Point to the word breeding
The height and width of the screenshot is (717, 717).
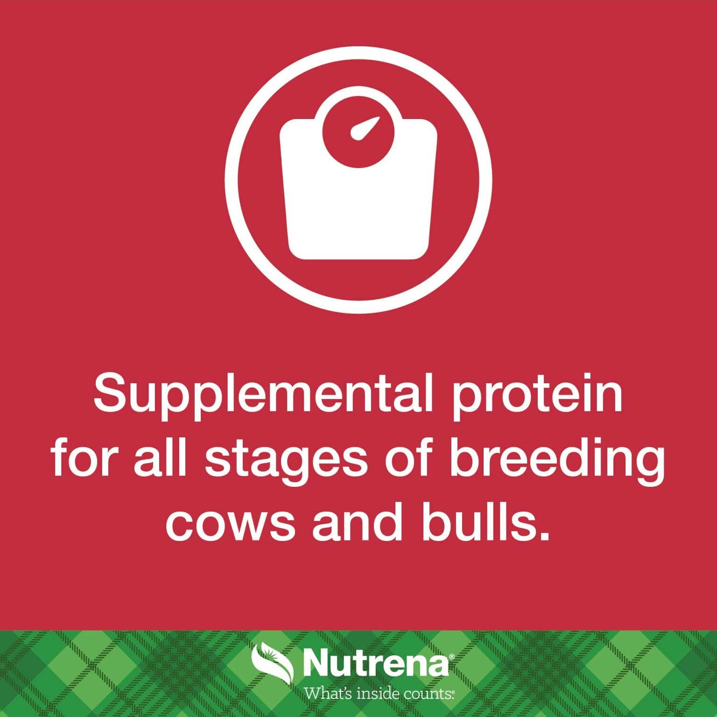[557, 460]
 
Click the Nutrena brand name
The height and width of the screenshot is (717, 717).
[376, 663]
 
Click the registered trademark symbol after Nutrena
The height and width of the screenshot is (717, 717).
[452, 656]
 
